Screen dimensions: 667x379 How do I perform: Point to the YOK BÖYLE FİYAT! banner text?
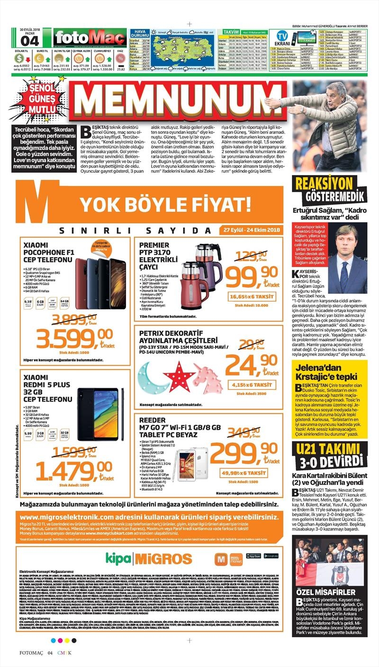tap(166, 205)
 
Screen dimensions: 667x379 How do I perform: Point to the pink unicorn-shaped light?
tap(207, 376)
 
